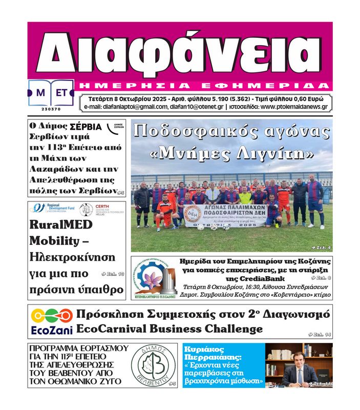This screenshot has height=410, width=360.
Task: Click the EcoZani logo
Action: [52, 322]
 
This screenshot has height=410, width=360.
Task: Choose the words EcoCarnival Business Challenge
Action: [169, 329]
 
